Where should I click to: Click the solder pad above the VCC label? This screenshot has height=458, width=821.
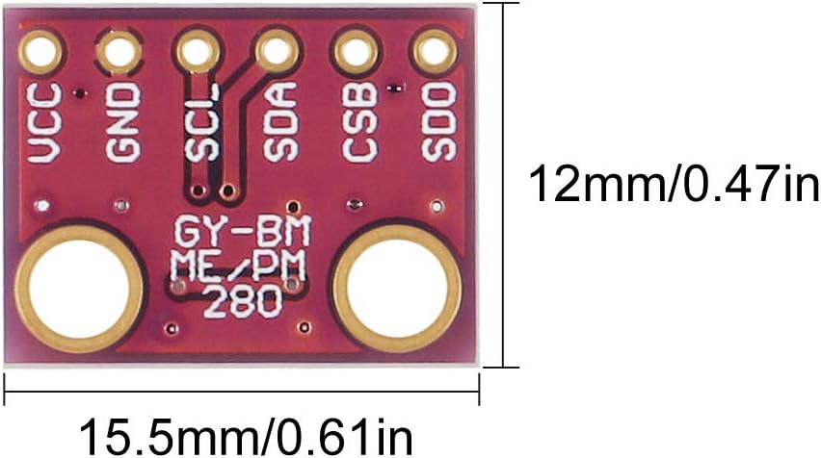[x=43, y=50]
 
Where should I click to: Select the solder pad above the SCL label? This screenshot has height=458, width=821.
[x=198, y=50]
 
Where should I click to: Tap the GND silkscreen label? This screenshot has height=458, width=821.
[x=122, y=122]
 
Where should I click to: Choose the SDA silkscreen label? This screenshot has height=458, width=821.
[x=278, y=122]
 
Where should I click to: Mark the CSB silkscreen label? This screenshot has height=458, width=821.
[x=358, y=122]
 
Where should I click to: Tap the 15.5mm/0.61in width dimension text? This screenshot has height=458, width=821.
[x=245, y=435]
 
